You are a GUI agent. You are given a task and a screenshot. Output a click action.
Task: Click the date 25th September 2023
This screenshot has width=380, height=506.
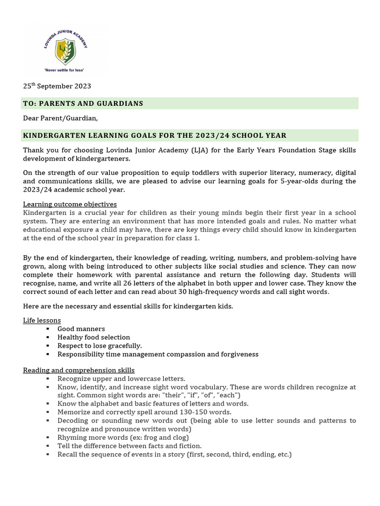coord(57,86)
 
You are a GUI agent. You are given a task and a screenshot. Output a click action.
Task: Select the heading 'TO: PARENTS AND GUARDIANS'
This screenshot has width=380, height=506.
coord(83,103)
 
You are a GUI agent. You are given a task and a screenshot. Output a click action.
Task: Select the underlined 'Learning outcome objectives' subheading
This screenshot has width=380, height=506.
coord(70,204)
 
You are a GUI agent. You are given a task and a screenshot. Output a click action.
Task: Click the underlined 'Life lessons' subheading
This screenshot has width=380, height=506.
coord(42,320)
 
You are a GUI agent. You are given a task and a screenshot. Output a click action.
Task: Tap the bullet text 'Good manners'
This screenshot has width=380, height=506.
coord(81,329)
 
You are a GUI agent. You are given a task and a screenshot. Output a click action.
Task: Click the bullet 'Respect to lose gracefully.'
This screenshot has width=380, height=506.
coord(99,345)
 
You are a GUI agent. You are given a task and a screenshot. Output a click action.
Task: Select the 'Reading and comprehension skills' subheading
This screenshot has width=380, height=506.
coord(79,370)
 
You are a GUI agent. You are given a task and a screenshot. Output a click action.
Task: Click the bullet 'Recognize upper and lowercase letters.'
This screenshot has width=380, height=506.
coord(121,378)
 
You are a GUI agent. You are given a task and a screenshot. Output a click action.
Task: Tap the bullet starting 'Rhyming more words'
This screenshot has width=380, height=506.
coord(123,437)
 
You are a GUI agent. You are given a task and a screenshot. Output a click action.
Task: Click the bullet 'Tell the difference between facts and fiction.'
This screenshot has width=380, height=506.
coord(129,446)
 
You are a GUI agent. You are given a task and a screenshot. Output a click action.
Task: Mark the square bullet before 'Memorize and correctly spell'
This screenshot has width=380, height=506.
coord(47,412)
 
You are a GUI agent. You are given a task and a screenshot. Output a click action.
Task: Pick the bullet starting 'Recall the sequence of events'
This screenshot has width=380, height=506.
coord(174,454)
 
